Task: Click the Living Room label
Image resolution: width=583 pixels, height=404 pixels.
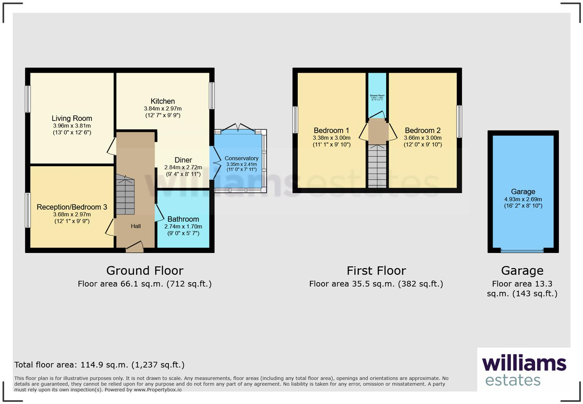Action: coord(72,118)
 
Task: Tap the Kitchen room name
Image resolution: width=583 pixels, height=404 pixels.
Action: coord(162,101)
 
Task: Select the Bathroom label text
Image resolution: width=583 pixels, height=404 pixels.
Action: coord(183,219)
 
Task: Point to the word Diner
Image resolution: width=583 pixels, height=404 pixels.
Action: coord(183,160)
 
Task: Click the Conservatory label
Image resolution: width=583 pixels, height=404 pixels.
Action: coord(241,158)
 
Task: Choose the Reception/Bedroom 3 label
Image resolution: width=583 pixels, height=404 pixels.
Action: coord(72,207)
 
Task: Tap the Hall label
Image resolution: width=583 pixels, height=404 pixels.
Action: coord(136,226)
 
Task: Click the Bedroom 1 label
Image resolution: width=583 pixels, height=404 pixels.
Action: coord(331,130)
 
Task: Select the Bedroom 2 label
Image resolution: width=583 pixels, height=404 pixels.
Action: coord(423,130)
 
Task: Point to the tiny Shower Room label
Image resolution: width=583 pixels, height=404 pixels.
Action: coord(377,96)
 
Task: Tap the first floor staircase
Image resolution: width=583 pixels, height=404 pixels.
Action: coord(377,166)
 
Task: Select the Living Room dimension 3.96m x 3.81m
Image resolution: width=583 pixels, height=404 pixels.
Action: coord(72,126)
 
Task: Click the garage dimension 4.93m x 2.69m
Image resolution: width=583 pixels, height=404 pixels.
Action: coord(523,199)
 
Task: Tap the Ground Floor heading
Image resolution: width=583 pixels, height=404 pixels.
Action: coord(145,271)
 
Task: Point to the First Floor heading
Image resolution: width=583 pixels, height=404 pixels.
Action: coord(376,271)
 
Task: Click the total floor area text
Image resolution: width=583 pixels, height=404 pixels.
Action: coord(99,365)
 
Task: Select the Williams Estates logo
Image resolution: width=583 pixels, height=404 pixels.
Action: coord(524,370)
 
